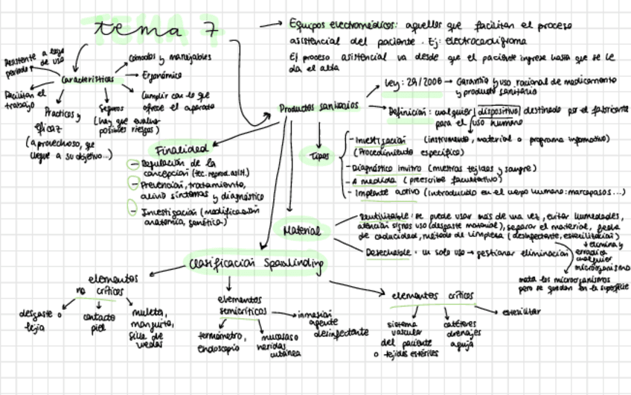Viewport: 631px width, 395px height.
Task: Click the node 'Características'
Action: (x=83, y=79)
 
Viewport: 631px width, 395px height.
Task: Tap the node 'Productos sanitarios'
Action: (x=318, y=107)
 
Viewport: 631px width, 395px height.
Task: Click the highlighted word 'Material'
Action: (x=301, y=231)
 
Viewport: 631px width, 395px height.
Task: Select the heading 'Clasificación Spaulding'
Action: (x=256, y=263)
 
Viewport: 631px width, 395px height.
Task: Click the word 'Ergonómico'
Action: (x=162, y=75)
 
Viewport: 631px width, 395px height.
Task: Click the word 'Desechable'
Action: (x=388, y=253)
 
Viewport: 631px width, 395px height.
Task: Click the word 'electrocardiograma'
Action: (x=481, y=42)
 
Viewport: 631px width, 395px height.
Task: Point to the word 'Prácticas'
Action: (x=60, y=113)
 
